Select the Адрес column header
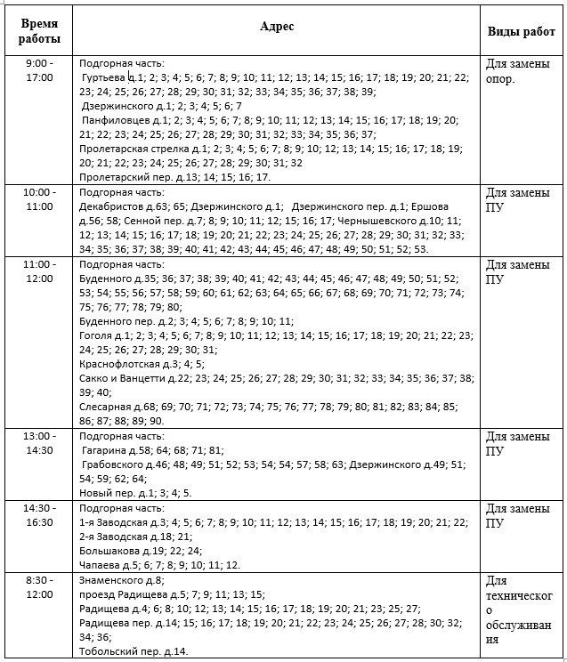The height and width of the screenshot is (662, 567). pos(276,27)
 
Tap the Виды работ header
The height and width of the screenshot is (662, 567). pos(522,32)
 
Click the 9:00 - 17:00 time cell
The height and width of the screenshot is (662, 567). pos(39,71)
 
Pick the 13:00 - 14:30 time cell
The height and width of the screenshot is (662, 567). pos(39,444)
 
